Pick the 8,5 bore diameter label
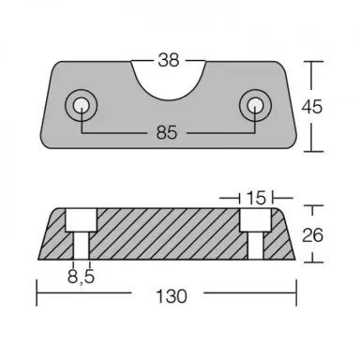pos(81,277)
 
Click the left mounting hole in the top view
pos(82,103)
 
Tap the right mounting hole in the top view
pos(253,103)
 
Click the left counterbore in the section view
pos(81,221)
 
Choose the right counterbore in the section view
pos(252,221)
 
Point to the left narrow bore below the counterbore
pos(81,247)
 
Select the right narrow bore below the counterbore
pos(252,247)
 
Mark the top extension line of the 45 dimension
pos(309,63)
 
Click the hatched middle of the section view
pos(167,234)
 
